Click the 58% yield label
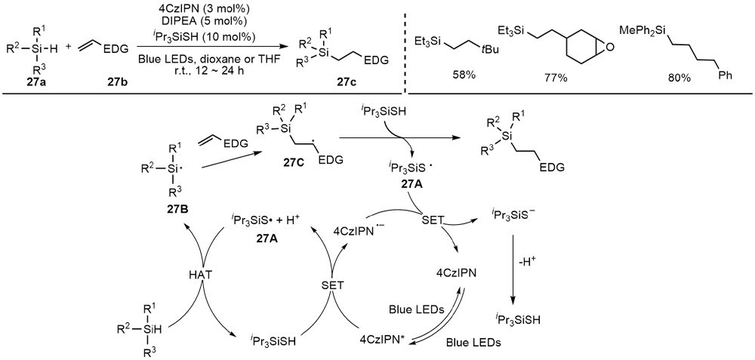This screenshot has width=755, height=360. point(451,77)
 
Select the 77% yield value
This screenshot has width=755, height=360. point(555,77)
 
